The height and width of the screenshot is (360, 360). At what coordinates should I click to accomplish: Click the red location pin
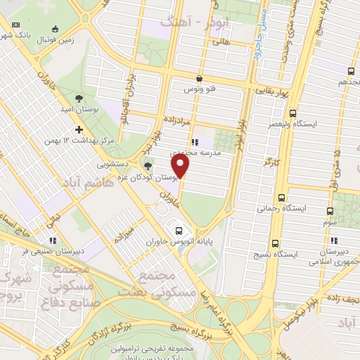click(x=181, y=166)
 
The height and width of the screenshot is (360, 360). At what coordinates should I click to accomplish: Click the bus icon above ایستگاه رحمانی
click(x=282, y=198)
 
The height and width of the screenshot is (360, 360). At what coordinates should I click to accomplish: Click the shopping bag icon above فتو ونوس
click(x=200, y=79)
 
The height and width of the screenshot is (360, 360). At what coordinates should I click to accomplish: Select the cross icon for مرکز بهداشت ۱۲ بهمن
click(x=79, y=129)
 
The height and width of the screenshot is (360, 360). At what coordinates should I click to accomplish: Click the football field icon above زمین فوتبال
click(x=56, y=30)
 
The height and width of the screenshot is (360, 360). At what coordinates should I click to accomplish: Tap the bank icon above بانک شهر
click(x=16, y=26)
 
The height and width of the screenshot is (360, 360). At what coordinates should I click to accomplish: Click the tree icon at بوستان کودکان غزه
click(x=148, y=166)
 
